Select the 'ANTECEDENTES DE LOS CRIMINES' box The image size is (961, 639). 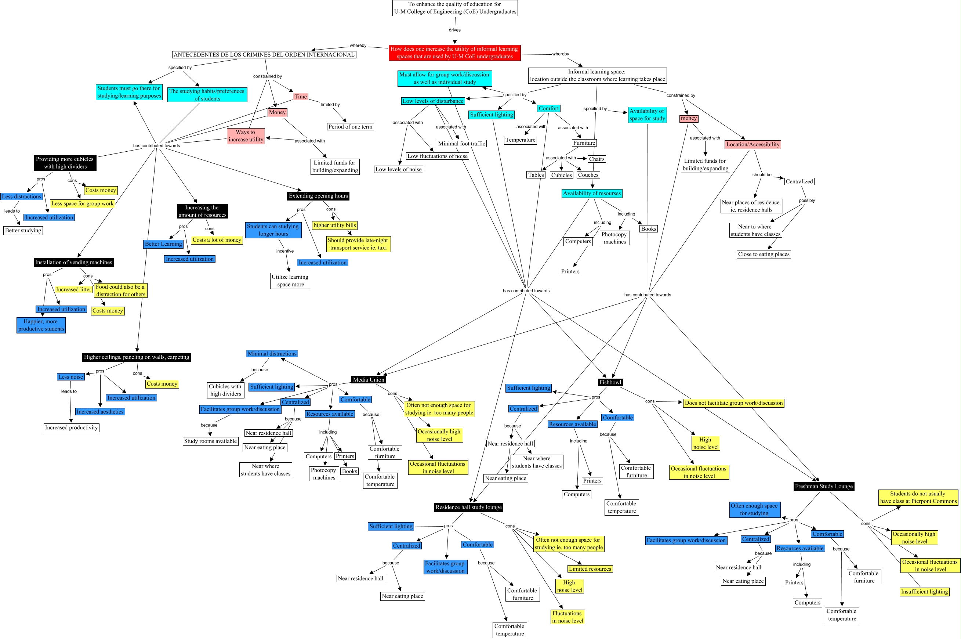pos(264,55)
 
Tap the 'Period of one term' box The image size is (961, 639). pos(350,127)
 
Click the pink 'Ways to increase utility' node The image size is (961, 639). pos(246,136)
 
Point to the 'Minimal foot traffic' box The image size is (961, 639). pos(461,144)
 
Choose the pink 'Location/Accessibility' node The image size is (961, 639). pos(753,144)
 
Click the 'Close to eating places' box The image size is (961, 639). pos(764,254)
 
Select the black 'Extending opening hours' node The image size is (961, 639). pos(318,196)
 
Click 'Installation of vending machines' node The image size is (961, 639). pos(74,263)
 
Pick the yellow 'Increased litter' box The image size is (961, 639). pos(74,289)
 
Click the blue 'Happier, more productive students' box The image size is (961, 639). pos(41,325)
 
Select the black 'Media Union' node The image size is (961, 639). pos(368,380)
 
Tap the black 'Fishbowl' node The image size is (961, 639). pos(610,382)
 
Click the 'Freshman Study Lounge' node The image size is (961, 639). pos(824,486)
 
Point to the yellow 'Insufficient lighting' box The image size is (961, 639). pos(924,592)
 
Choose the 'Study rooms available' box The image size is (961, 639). pos(210,441)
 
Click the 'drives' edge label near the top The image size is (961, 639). pos(455,30)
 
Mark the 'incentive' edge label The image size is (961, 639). pos(285,251)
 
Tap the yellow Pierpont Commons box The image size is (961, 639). pos(918,497)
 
